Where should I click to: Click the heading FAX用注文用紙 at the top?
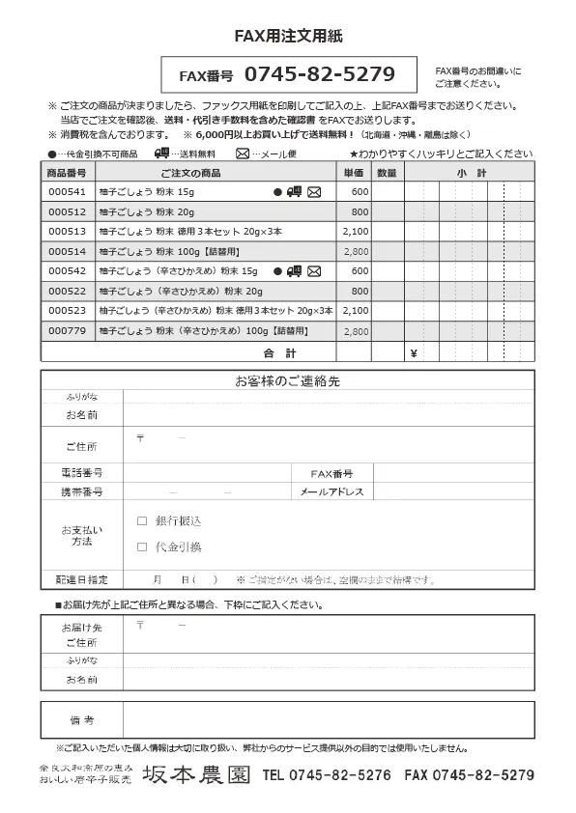point(288,36)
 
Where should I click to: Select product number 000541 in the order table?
point(68,192)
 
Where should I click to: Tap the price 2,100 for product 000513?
point(356,232)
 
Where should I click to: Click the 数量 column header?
point(387,172)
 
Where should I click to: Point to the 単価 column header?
point(354,172)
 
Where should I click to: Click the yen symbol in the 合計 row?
point(413,352)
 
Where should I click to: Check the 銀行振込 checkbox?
point(142,520)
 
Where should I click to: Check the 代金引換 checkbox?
point(142,547)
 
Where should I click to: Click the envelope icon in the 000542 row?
point(314,271)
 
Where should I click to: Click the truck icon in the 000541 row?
point(295,192)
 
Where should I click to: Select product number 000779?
point(68,330)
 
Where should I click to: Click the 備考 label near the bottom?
point(81,720)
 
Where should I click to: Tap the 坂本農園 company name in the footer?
point(197,774)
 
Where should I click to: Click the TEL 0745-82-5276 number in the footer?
point(327,774)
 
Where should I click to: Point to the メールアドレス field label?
point(331,491)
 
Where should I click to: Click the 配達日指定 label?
point(81,579)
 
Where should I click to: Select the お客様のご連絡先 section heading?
point(287,381)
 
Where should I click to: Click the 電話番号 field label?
point(81,473)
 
